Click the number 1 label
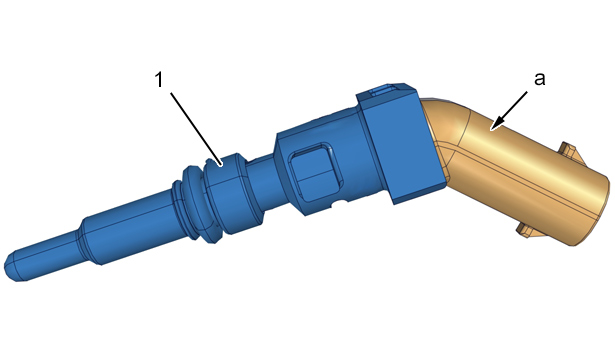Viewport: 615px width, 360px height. point(159,80)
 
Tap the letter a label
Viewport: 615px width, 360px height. point(540,79)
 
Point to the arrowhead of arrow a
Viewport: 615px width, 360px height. point(495,125)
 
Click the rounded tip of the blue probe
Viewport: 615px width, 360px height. point(12,267)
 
